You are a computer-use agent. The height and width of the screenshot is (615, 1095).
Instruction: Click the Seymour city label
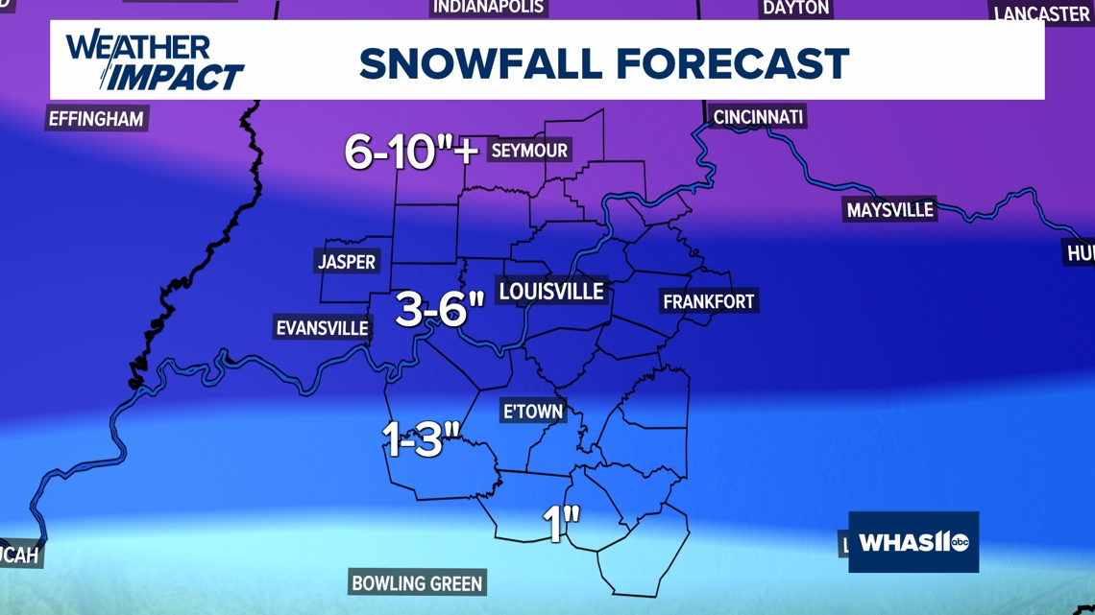tap(529, 151)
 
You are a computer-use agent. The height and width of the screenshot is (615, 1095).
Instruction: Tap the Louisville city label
tap(551, 291)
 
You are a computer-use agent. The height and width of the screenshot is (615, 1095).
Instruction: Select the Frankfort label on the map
tap(709, 301)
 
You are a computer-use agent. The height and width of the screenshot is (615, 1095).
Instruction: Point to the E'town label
tap(533, 412)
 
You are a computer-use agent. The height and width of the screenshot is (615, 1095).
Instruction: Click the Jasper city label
tap(347, 262)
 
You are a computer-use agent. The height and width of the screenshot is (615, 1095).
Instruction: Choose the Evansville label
tap(323, 328)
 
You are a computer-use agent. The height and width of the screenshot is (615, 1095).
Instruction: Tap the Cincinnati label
tap(758, 117)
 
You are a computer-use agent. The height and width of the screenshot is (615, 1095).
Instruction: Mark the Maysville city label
tap(889, 210)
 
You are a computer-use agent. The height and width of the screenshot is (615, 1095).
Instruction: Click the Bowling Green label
tap(417, 582)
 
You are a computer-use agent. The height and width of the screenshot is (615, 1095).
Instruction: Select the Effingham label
tap(96, 120)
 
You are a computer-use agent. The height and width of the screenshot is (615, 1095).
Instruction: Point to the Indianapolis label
tap(489, 8)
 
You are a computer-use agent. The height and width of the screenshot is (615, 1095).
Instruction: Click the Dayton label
tap(795, 8)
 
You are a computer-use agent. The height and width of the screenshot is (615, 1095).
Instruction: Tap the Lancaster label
tap(1041, 13)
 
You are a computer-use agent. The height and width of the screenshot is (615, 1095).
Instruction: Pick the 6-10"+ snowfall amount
tap(411, 151)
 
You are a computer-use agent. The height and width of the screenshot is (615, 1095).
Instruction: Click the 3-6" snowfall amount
tap(440, 310)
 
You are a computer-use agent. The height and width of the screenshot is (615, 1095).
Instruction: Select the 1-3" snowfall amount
tap(422, 438)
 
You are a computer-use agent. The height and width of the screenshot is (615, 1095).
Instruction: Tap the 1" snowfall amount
tap(562, 524)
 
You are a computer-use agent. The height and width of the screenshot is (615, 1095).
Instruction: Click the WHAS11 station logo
tap(913, 542)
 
